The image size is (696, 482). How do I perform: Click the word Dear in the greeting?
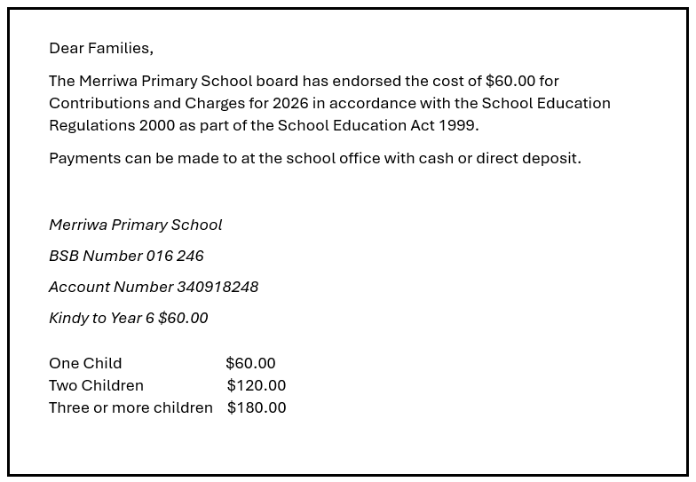pos(66,48)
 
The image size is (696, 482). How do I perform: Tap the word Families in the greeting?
pos(120,48)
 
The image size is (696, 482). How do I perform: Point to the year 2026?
pos(290,103)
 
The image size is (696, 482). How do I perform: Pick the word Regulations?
pos(91,125)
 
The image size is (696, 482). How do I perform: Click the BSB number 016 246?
pos(175,256)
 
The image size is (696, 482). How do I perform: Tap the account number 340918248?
pos(217,287)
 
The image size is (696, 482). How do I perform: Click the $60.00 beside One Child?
pos(250,363)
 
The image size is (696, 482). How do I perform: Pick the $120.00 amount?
pos(257,385)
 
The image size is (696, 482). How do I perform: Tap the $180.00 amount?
pos(257,407)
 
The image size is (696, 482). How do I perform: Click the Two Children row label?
pos(96,385)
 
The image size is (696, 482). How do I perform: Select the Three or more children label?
pos(130,407)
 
